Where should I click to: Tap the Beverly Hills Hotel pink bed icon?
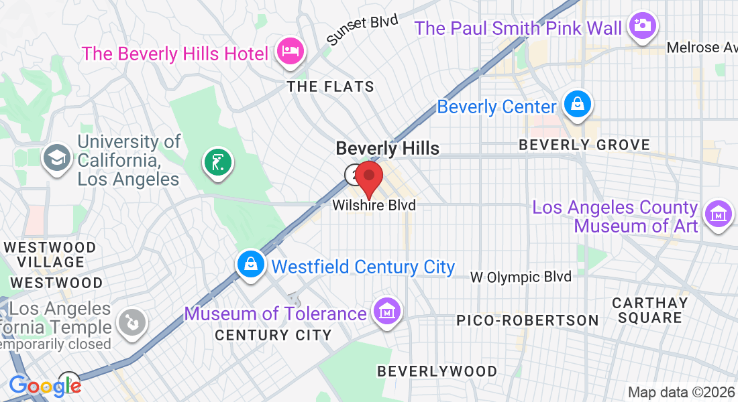click(290, 51)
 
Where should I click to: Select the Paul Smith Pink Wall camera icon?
click(642, 25)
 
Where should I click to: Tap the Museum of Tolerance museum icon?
click(387, 312)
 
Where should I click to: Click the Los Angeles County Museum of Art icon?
click(717, 215)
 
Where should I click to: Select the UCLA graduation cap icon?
click(56, 158)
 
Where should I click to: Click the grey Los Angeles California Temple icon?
click(131, 323)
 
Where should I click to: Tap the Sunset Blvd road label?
click(362, 30)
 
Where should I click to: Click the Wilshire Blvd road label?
click(374, 206)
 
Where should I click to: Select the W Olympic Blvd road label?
click(521, 277)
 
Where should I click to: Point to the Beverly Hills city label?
click(387, 148)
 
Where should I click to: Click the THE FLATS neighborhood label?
click(330, 87)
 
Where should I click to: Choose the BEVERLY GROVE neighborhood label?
click(584, 145)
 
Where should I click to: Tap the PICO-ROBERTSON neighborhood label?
click(527, 320)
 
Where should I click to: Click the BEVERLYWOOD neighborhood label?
click(437, 371)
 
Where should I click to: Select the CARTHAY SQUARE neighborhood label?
click(650, 310)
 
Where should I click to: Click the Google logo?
click(44, 385)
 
